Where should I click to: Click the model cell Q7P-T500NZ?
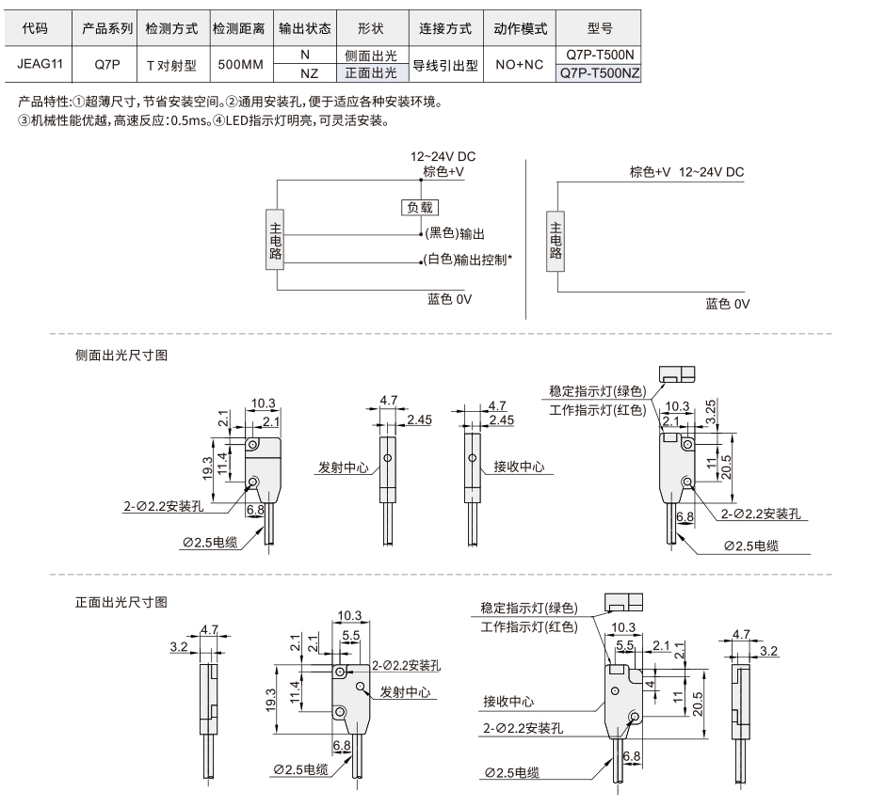(x=599, y=73)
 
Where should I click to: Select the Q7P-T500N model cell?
(x=599, y=55)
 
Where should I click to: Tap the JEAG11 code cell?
(x=40, y=64)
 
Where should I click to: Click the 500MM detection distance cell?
(x=241, y=64)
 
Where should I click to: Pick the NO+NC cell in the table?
(x=520, y=64)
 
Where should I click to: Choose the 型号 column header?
(x=600, y=27)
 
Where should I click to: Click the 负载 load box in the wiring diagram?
(x=420, y=208)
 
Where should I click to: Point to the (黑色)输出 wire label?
(x=455, y=233)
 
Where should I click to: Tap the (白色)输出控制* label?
(x=468, y=260)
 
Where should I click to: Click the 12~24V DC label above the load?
(x=443, y=156)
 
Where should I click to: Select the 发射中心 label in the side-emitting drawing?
(x=343, y=467)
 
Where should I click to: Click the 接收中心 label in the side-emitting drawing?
(x=519, y=467)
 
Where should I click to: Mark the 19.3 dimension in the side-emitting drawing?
(x=207, y=468)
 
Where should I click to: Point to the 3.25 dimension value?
(x=711, y=411)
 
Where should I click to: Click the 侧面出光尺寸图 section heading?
(x=121, y=355)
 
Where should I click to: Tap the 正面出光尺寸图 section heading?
(x=121, y=602)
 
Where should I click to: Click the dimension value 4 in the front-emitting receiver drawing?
(x=651, y=685)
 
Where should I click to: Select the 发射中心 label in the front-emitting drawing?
(x=405, y=692)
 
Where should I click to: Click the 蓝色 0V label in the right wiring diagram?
(x=727, y=304)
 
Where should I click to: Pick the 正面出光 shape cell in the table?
(x=371, y=73)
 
